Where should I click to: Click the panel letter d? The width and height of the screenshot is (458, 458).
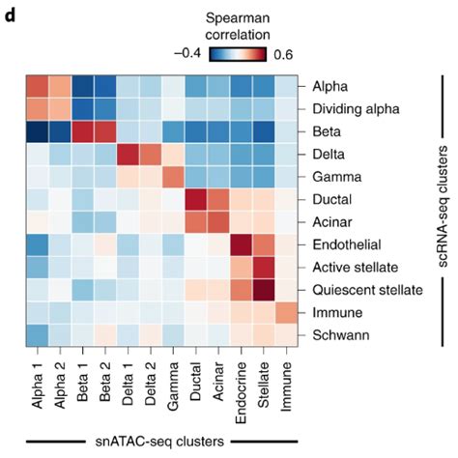[x=11, y=14]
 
